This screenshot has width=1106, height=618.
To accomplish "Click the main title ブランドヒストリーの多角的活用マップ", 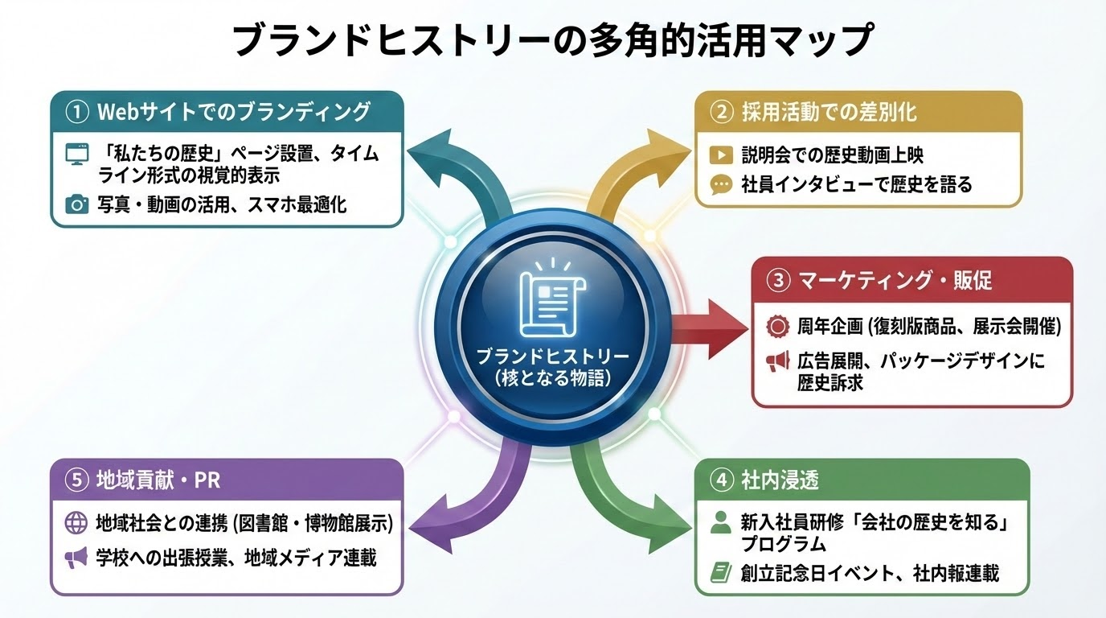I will (x=552, y=40).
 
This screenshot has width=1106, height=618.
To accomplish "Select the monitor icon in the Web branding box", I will (x=76, y=154).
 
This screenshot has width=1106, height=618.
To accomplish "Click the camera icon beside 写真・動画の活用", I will (x=76, y=204).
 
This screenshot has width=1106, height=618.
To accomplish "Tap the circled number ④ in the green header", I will (x=721, y=480).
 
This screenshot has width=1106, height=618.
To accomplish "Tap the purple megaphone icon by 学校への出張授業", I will (x=76, y=557).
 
